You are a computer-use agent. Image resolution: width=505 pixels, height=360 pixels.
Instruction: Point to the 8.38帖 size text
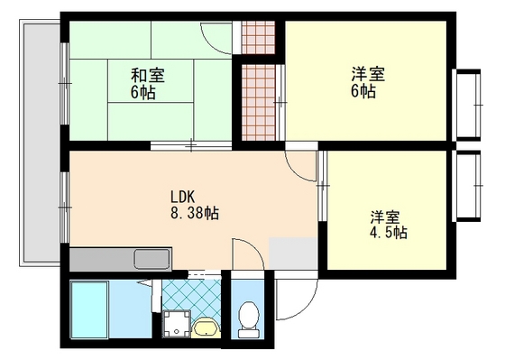pos(195,214)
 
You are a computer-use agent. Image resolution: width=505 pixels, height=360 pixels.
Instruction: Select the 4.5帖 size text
pos(388,233)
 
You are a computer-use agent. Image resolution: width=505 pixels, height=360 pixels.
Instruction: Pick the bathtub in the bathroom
pos(89,309)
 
